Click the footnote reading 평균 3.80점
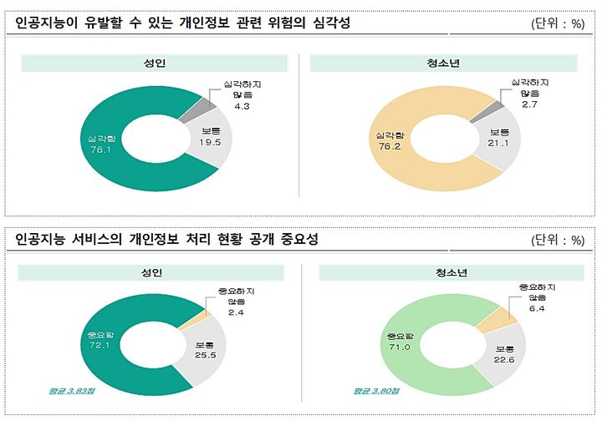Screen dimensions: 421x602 374,390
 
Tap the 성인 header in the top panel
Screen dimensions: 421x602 152,63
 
